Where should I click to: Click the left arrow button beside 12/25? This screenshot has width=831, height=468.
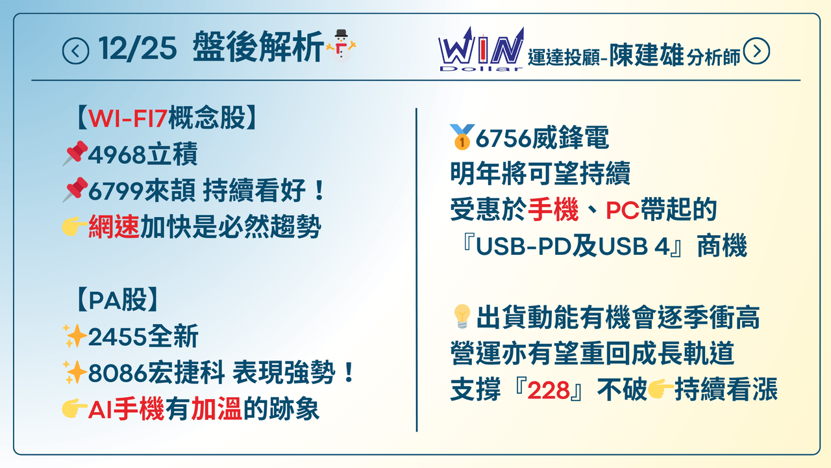(75, 51)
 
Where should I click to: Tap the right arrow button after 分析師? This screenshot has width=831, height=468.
(756, 51)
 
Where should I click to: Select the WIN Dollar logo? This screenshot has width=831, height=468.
(480, 49)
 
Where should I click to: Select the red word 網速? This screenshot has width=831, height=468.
(114, 227)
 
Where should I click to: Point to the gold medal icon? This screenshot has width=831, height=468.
(461, 137)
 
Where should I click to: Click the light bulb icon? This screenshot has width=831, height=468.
(461, 317)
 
